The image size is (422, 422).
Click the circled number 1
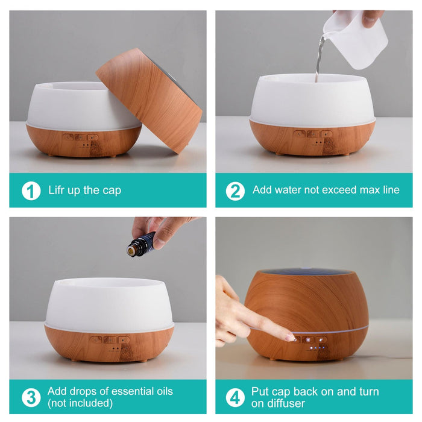31,191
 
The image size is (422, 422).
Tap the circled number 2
235,191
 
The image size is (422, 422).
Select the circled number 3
31,397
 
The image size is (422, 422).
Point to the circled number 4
235,397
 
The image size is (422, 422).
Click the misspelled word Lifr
56,190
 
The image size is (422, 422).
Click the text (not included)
80,403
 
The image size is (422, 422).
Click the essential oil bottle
140,244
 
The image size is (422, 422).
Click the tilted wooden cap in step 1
150,100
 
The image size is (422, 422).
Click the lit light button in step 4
308,340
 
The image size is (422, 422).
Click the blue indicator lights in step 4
318,348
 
